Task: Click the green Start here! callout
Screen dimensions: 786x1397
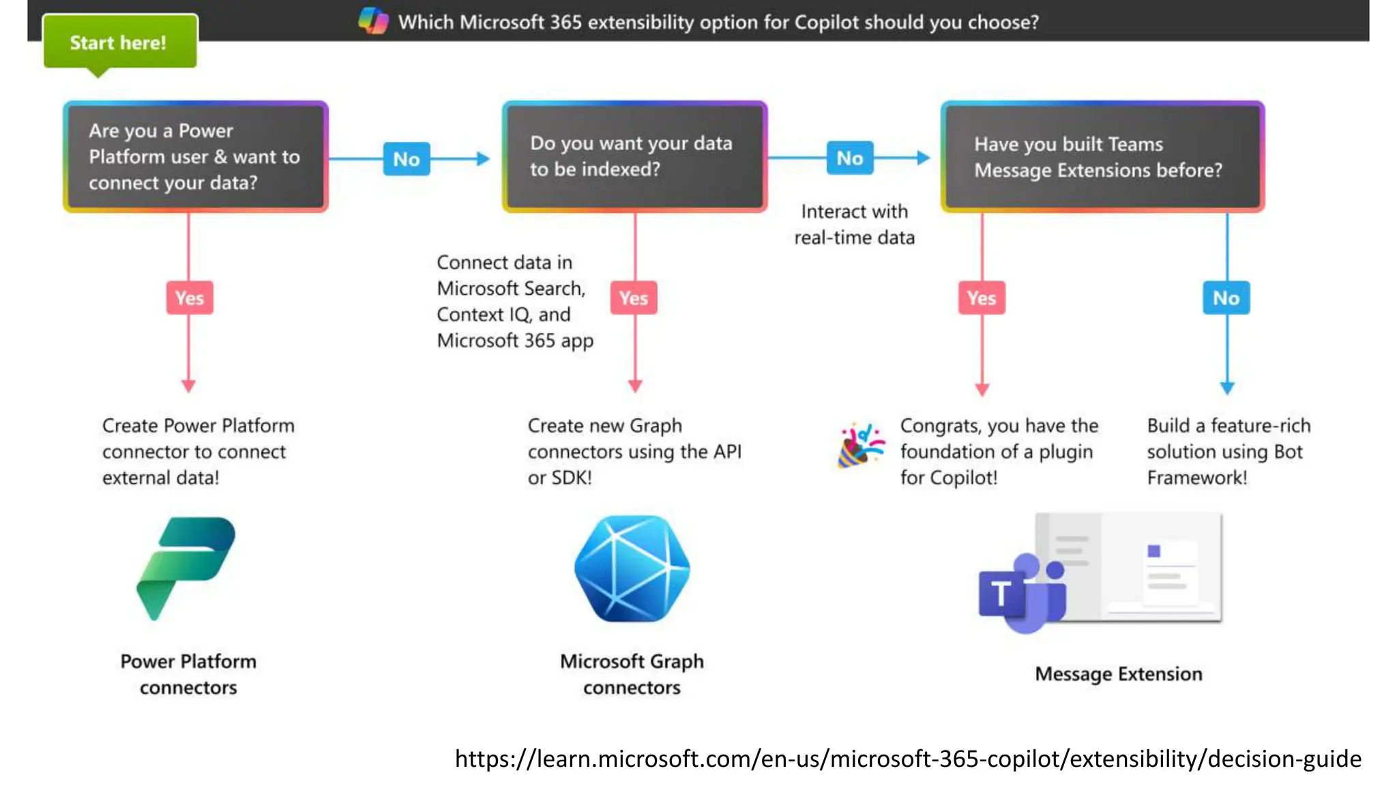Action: point(119,42)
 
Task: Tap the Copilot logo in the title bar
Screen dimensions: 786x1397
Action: point(373,20)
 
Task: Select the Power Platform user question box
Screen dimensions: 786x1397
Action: point(196,157)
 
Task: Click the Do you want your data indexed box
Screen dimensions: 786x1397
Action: point(634,157)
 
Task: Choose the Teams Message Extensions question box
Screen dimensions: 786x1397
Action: point(1102,157)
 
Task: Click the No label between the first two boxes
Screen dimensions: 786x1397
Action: point(407,159)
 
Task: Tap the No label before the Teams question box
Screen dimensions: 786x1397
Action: point(850,158)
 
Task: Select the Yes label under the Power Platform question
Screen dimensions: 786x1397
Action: point(190,297)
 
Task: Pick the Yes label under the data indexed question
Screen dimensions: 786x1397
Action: point(634,297)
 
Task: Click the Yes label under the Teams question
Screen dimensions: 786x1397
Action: point(982,297)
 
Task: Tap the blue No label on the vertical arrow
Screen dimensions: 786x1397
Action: point(1226,297)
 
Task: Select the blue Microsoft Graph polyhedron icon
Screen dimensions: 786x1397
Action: point(632,568)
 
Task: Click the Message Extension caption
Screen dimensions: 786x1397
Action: point(1118,674)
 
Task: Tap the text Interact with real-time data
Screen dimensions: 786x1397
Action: point(854,224)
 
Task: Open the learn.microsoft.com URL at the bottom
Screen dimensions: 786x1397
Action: point(907,759)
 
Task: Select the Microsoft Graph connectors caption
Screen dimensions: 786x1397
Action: point(632,674)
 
